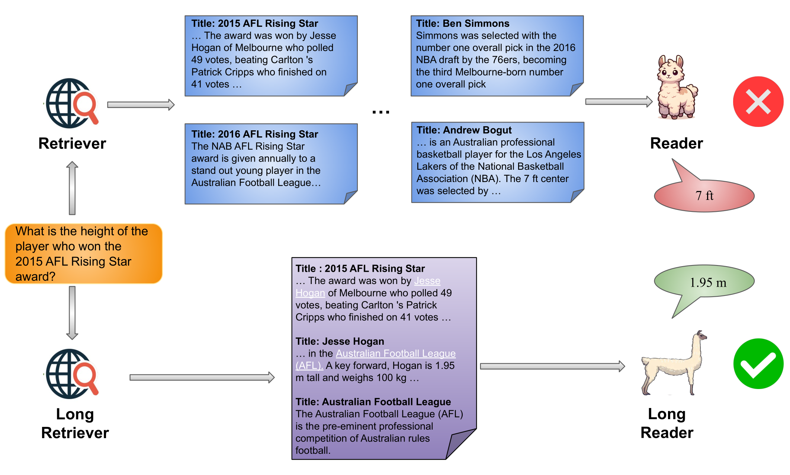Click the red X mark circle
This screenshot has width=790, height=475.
click(758, 102)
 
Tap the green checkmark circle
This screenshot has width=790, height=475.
click(758, 364)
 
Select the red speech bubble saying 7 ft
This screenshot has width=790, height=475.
click(704, 196)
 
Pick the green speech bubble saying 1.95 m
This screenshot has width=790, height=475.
click(704, 282)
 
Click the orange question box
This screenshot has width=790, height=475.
click(83, 254)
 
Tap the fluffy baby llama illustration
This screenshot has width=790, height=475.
click(676, 88)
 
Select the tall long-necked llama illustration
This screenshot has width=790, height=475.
click(674, 363)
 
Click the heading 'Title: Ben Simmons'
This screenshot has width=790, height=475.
click(462, 23)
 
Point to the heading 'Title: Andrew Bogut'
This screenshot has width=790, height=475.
click(464, 130)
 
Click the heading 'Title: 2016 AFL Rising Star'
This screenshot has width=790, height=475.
click(254, 134)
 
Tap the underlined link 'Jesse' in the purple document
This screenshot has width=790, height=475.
click(427, 281)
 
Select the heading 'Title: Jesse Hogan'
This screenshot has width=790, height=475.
click(340, 341)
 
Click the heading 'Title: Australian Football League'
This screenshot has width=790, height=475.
click(373, 402)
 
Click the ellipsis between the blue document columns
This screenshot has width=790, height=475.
click(381, 111)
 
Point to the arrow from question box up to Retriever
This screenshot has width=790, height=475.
click(72, 188)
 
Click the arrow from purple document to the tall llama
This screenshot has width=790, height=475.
click(552, 366)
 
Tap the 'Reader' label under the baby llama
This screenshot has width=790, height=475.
click(676, 143)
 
